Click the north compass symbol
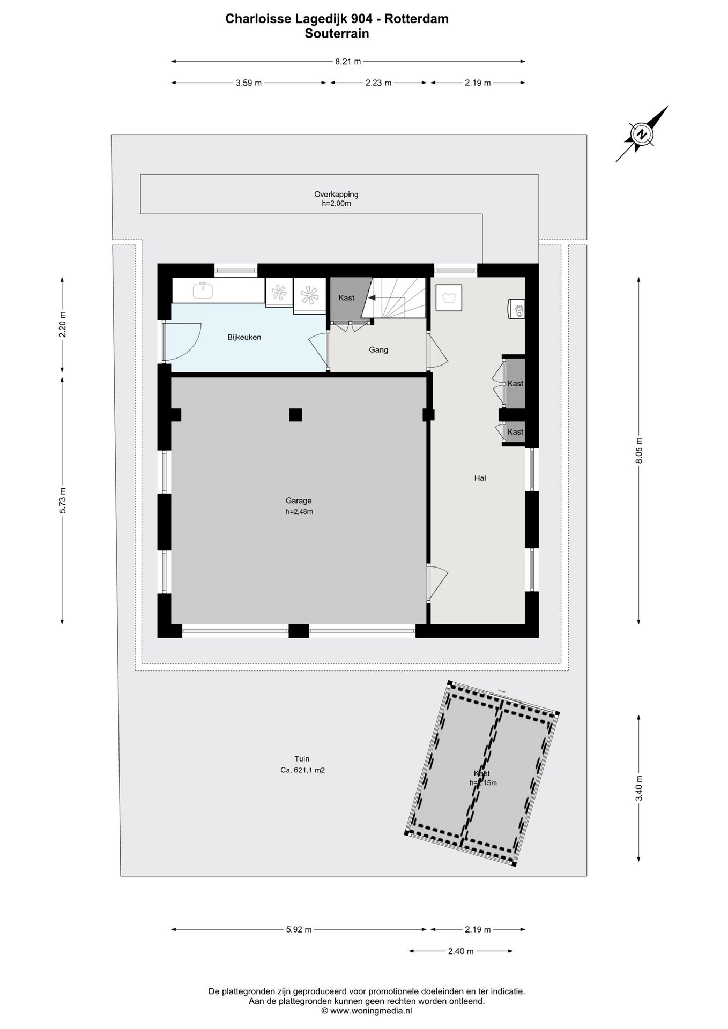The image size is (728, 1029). click(x=641, y=134)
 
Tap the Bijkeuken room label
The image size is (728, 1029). click(x=244, y=337)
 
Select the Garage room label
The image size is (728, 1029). click(x=299, y=501)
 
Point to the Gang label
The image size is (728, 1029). click(x=378, y=350)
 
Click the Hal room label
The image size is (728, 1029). click(x=480, y=478)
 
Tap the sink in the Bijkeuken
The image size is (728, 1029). click(x=203, y=290)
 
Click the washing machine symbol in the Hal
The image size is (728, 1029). click(x=449, y=297)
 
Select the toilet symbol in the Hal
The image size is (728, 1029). click(x=517, y=309)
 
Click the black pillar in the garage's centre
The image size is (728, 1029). click(x=295, y=414)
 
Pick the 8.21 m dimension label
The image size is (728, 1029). click(x=348, y=62)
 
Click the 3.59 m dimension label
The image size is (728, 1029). click(x=249, y=83)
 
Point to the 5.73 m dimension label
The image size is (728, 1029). click(x=63, y=501)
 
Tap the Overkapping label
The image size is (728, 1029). click(x=336, y=195)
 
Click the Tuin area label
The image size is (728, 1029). click(x=302, y=759)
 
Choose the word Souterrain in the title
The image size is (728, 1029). click(x=337, y=33)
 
